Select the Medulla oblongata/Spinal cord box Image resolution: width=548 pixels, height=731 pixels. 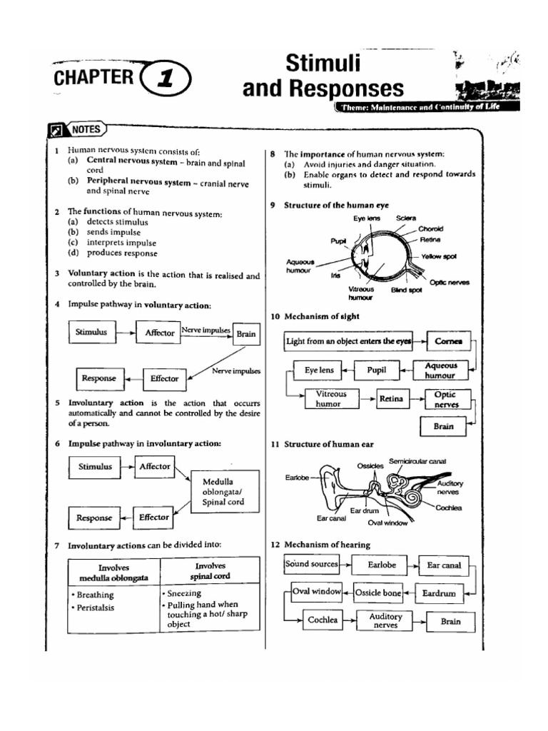223,491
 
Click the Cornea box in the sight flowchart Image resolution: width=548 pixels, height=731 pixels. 449,341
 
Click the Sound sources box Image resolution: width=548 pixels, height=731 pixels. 311,564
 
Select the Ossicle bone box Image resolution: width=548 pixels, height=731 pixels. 377,593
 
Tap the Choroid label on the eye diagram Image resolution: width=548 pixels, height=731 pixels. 431,228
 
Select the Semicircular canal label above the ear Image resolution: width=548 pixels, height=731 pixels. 417,461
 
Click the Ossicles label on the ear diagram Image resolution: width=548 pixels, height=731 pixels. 371,465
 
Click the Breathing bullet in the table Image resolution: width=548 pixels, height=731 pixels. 94,595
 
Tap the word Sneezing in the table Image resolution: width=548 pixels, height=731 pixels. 184,593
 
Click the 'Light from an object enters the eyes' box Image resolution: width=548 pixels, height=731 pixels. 349,341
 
